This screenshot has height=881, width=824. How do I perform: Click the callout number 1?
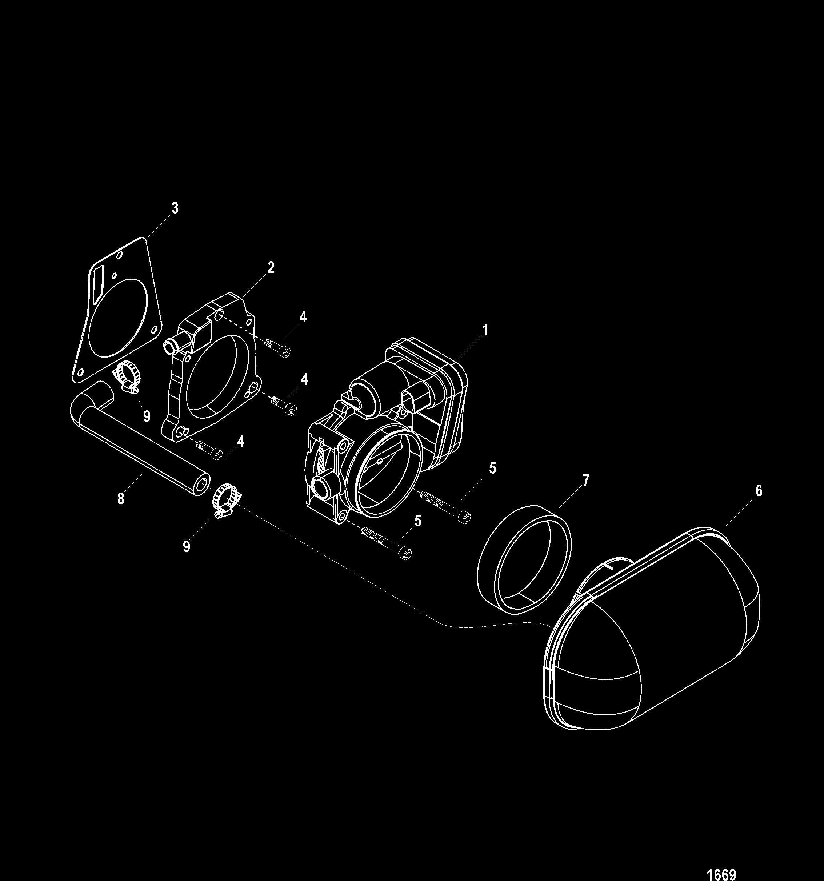tap(485, 330)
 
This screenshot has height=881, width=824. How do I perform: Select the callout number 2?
tap(270, 267)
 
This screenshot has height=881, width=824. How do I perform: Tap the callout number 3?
tap(175, 208)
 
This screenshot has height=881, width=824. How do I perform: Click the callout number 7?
tap(586, 481)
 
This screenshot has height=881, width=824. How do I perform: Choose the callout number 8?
tap(120, 499)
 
